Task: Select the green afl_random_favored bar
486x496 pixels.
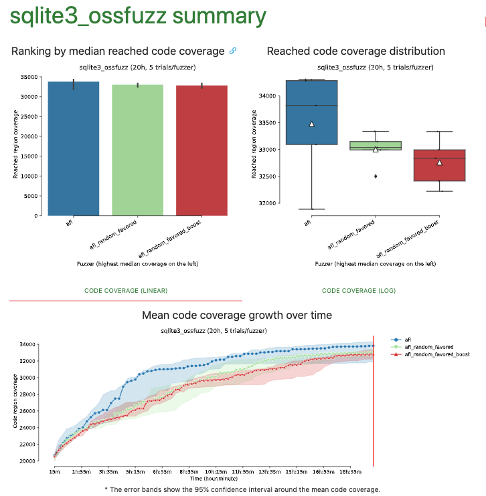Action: [137, 150]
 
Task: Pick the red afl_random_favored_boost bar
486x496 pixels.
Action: [201, 150]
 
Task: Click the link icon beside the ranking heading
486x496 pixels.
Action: [233, 51]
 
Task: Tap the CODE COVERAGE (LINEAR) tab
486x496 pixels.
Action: [126, 291]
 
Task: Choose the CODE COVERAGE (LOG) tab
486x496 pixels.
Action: [358, 291]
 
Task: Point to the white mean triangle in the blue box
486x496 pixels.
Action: [311, 124]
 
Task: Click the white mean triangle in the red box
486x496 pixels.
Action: [439, 162]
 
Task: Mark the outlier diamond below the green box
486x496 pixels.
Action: [375, 176]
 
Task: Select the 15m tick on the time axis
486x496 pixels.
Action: [54, 471]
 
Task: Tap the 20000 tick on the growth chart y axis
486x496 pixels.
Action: [27, 461]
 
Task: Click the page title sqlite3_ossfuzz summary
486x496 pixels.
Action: [137, 16]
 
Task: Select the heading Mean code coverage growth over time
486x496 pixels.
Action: [237, 315]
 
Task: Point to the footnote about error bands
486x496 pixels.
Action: [242, 489]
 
